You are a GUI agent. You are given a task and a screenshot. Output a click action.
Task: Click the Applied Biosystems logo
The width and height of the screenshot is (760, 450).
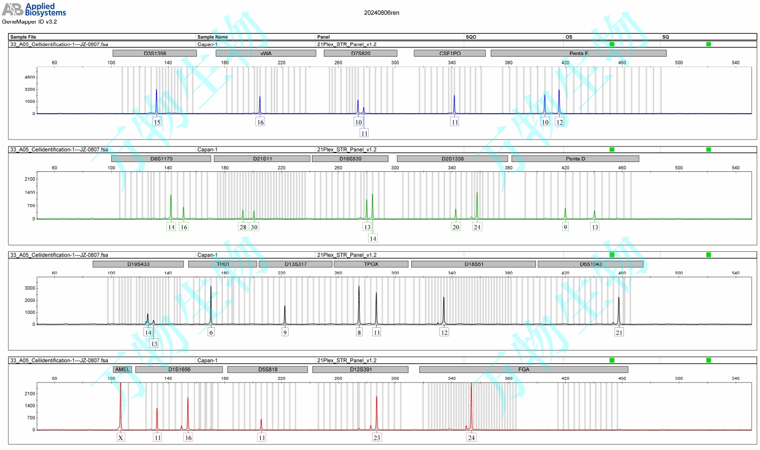pos(34,9)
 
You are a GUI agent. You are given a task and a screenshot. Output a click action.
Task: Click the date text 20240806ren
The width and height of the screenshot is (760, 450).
pos(381,13)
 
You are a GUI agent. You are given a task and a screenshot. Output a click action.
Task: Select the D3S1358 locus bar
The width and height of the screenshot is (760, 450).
pos(154,53)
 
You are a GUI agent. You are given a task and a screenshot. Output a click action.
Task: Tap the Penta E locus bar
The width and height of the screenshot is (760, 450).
pos(578,53)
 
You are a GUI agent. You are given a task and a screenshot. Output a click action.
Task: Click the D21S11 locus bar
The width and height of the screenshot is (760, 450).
pos(262,159)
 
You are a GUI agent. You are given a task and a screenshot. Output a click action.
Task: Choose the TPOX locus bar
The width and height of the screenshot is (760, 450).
pos(371,264)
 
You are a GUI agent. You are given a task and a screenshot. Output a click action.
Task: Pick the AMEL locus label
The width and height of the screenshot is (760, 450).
pos(122,370)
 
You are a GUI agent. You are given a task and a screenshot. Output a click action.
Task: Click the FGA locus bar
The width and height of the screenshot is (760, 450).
pos(524,370)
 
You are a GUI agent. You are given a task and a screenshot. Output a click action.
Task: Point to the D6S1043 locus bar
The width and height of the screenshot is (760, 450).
pos(590,264)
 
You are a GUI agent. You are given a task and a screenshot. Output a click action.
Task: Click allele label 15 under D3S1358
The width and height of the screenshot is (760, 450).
pos(157,122)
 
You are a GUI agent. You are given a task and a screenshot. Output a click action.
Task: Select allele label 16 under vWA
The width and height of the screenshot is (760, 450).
pos(260,122)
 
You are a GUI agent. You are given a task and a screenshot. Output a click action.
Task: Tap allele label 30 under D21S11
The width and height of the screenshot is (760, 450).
pos(254,227)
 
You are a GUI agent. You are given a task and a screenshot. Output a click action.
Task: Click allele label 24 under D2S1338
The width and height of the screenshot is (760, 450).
pos(477,227)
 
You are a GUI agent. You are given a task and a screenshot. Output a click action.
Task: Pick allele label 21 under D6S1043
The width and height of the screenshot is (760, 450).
pos(619,332)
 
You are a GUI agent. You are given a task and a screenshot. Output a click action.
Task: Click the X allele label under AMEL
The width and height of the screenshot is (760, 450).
pos(121,438)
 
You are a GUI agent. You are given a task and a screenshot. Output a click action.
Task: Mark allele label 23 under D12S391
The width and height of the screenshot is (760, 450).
pos(377,438)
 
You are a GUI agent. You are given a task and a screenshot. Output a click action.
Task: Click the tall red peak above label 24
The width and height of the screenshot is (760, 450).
pos(471,397)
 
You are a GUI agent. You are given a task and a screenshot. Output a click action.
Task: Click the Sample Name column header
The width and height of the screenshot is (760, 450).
pos(213,37)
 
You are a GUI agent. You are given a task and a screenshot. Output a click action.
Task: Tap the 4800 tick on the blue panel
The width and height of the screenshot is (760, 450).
pos(30,77)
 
